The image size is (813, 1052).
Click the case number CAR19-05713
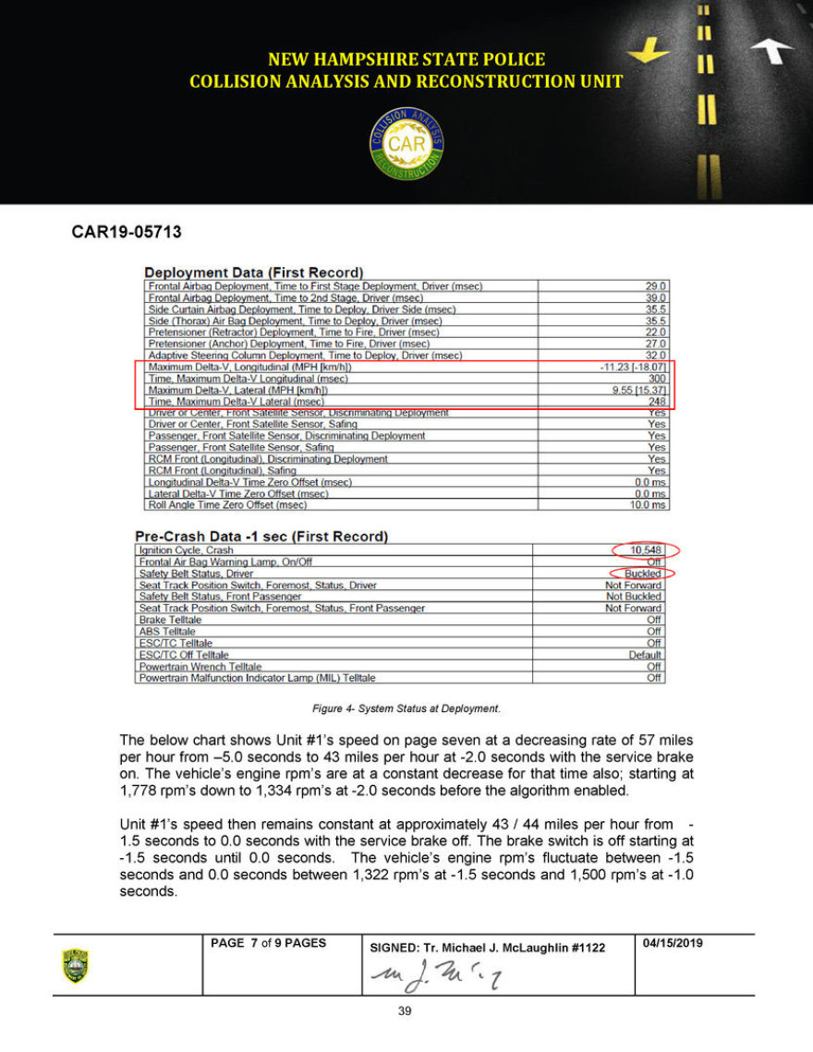click(x=127, y=232)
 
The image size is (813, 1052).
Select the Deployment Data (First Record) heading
click(x=253, y=272)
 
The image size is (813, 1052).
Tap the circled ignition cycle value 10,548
click(x=648, y=550)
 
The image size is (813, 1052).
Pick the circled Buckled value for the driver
click(x=643, y=574)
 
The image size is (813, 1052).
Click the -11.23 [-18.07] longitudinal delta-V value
click(x=633, y=368)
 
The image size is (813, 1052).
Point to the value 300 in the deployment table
click(x=656, y=379)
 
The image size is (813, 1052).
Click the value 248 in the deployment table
click(x=656, y=402)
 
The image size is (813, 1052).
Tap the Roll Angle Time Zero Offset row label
click(x=227, y=505)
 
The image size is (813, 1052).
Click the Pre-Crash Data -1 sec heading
click(x=261, y=537)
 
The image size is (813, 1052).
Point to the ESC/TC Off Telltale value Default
click(x=643, y=655)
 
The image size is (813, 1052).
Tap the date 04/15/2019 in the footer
click(x=673, y=943)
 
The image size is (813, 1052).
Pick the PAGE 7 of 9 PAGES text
click(x=268, y=943)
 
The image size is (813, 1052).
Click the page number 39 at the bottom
click(x=404, y=1011)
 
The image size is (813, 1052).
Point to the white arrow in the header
click(x=771, y=52)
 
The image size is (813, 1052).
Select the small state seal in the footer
click(x=75, y=965)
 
